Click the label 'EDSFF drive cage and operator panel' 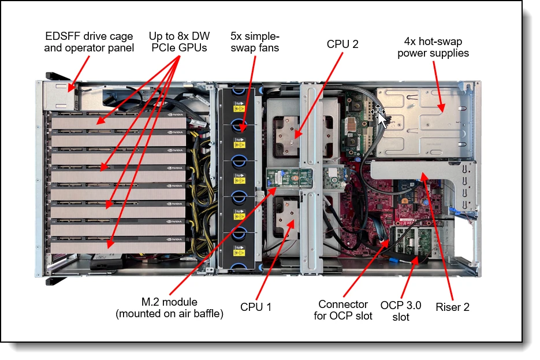(89, 42)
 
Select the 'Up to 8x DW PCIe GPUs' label (178, 42)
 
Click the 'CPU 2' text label (342, 44)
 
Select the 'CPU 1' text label (255, 307)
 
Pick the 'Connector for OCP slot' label (343, 310)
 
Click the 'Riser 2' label (452, 307)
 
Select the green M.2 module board (289, 177)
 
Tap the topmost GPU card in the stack (118, 121)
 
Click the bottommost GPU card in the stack (118, 246)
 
